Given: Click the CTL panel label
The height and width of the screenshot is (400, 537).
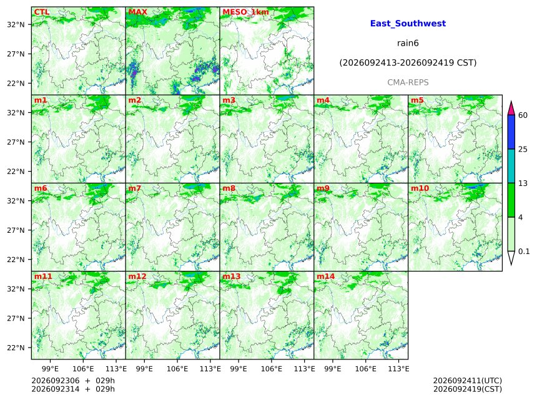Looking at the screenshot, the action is [42, 12].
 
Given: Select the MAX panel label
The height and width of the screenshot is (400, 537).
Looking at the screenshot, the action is [137, 12].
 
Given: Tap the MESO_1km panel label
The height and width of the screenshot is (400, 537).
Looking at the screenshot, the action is [245, 12].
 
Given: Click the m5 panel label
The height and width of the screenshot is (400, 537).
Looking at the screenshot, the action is [418, 100].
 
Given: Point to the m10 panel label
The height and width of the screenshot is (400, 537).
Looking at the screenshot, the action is [420, 188].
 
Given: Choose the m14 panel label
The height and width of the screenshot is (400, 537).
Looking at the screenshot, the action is [326, 276].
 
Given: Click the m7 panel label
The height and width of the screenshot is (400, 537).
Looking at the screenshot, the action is [135, 188].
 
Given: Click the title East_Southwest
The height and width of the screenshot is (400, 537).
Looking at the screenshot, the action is [408, 24].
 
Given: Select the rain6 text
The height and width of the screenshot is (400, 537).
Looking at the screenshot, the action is [408, 43].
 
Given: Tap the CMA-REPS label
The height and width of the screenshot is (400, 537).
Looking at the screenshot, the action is [408, 82].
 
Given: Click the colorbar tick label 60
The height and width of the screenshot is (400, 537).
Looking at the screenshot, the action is [523, 115].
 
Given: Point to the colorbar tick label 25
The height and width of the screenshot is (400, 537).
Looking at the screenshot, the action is [523, 149].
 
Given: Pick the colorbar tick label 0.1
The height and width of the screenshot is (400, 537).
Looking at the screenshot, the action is [524, 251].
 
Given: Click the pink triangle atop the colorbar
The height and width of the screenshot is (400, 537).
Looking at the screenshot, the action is [511, 109].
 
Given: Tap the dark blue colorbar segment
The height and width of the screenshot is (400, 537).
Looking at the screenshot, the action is [511, 132].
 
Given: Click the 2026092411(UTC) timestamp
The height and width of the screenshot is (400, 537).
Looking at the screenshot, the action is [468, 381].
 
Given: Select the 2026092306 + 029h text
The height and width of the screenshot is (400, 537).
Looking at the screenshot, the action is [73, 381].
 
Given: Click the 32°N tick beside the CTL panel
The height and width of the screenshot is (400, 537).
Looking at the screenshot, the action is [16, 24].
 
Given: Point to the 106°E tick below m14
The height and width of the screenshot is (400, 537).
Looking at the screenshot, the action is [366, 369].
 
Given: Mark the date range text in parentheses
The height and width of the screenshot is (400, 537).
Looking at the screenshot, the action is [408, 63].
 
